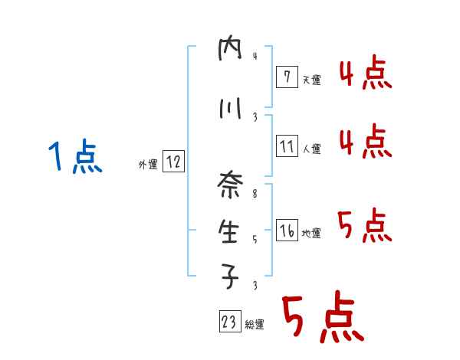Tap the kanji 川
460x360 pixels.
[230, 109]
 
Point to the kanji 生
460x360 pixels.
[230, 231]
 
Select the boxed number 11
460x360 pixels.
[286, 146]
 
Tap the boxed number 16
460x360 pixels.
[286, 231]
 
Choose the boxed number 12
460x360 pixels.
[173, 162]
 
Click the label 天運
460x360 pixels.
[311, 80]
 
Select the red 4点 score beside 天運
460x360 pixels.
[365, 74]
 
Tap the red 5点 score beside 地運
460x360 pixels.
[365, 225]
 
